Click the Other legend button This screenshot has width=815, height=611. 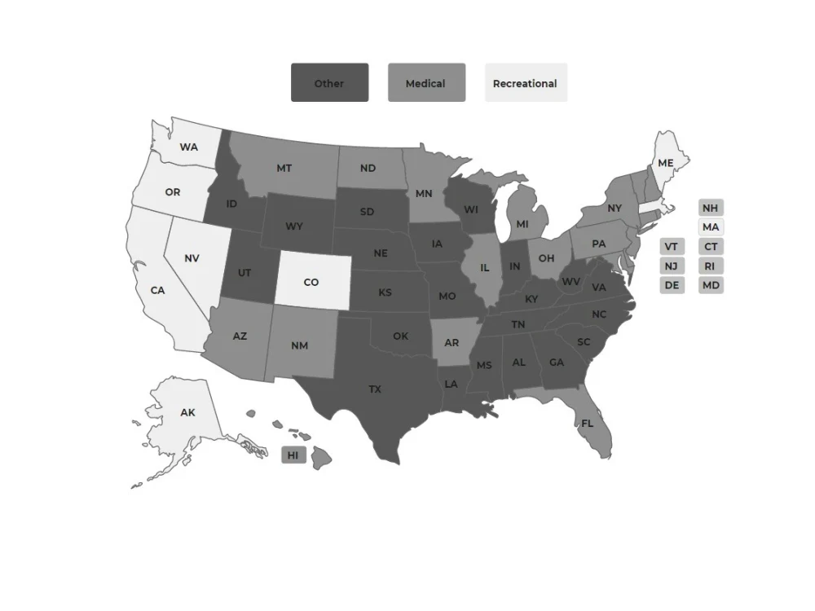[329, 83]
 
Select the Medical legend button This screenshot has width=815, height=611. [426, 83]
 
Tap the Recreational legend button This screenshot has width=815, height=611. [526, 83]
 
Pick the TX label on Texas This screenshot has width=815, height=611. [375, 389]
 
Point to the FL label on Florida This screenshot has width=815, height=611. [588, 424]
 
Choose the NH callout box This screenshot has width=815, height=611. [711, 208]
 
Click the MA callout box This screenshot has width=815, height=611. [711, 227]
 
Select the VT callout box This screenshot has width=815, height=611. [672, 246]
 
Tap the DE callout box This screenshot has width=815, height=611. [672, 285]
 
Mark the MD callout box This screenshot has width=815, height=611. [711, 285]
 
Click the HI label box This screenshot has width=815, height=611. [293, 455]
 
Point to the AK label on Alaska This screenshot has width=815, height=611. [188, 413]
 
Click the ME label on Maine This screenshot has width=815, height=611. [666, 163]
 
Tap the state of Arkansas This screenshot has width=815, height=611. [452, 342]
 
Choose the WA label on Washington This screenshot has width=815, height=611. [189, 147]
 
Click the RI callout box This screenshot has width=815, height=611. [711, 266]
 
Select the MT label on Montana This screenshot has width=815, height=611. [284, 169]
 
